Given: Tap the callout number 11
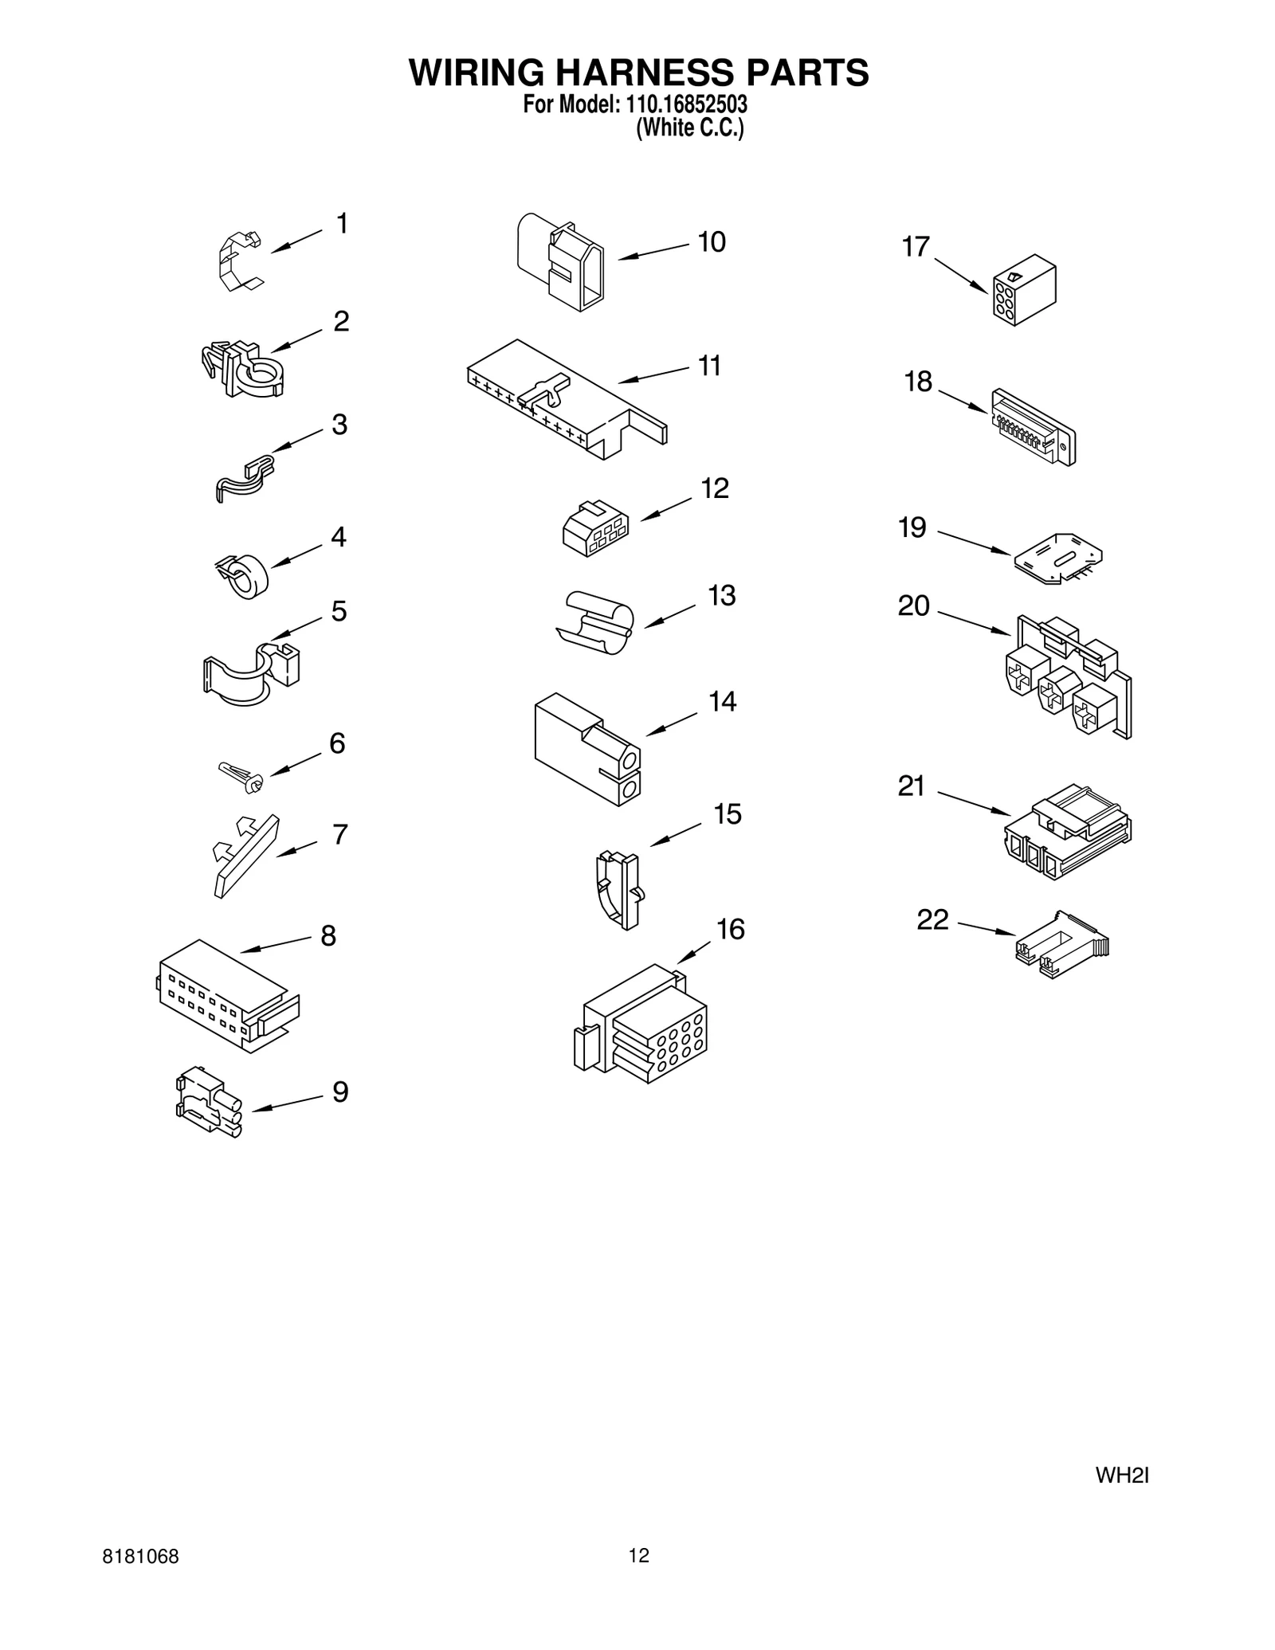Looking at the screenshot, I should tap(709, 366).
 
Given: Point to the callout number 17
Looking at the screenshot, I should tap(916, 247).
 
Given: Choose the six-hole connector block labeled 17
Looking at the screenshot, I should tap(1024, 290).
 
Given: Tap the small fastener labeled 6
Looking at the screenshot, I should tap(241, 775).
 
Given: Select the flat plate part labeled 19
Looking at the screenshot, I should tap(1058, 558).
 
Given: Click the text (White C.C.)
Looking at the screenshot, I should tap(689, 129).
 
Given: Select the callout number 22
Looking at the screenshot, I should tap(932, 919).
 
